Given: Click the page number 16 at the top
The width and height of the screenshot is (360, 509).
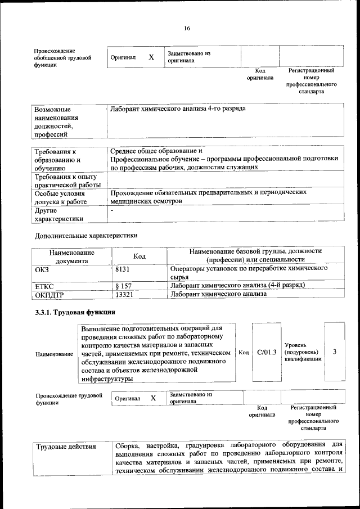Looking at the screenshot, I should (x=187, y=29).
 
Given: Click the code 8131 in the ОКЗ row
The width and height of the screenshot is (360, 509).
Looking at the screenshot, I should (x=123, y=269).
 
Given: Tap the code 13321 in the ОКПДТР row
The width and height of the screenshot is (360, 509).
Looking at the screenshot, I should (x=124, y=294).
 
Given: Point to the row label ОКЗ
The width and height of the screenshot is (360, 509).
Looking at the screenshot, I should (x=42, y=269).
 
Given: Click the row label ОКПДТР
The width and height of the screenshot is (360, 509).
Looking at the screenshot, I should (x=49, y=294).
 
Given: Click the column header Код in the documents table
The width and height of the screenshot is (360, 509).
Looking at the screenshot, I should (x=139, y=256).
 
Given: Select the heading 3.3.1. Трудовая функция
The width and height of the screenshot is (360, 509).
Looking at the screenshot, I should (x=75, y=312).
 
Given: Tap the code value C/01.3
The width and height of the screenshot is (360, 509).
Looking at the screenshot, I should (x=266, y=352).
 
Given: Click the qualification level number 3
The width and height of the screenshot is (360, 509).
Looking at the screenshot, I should (x=335, y=352).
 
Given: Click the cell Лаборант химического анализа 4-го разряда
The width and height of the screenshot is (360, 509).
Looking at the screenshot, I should (x=178, y=107).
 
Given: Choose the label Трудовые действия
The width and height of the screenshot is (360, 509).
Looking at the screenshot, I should (x=66, y=447).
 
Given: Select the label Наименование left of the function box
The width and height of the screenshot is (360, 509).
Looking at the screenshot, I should (x=54, y=354).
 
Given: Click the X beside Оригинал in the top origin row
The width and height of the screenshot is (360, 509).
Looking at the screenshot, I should (x=151, y=57).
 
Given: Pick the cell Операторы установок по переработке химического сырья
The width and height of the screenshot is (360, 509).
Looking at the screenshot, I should (x=249, y=273).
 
